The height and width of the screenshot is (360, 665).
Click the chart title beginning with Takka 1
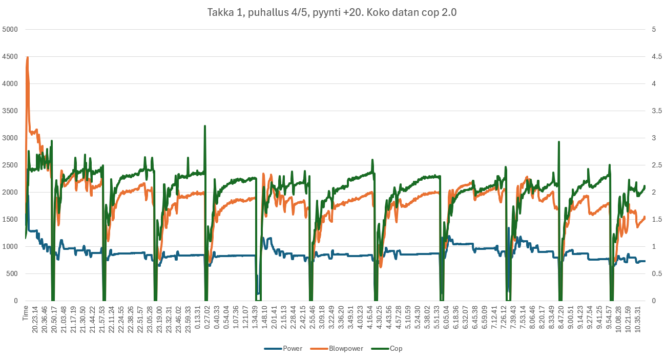(332, 13)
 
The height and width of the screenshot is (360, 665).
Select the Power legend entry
(292, 348)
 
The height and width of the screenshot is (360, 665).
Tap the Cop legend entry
(396, 348)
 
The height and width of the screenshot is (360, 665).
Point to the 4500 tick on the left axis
(10, 56)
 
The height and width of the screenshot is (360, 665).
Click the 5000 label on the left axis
(10, 29)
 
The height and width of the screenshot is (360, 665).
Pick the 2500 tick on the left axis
(10, 165)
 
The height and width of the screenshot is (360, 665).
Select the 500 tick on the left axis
(12, 273)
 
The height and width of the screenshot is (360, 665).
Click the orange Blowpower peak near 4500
(27, 57)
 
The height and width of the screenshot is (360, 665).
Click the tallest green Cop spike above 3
(205, 126)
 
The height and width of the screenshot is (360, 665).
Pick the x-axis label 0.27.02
(207, 319)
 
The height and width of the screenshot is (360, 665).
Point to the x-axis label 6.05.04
(446, 319)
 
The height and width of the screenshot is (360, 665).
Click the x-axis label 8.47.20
(562, 319)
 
